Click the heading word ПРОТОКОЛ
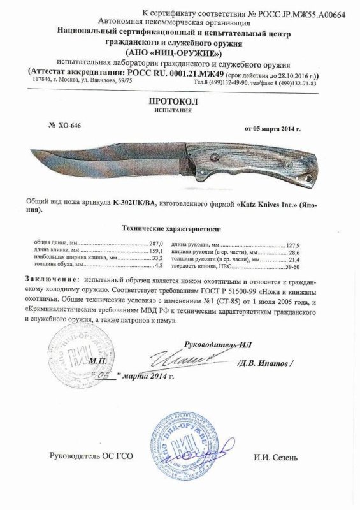(x=180, y=101)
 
